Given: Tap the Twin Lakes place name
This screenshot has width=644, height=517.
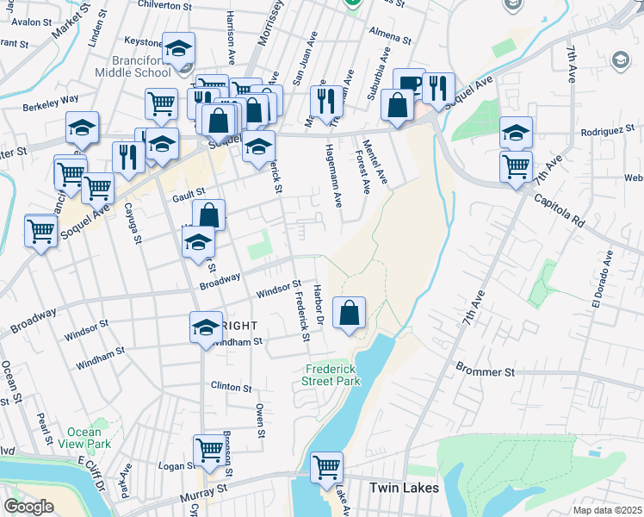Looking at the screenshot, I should [404, 488].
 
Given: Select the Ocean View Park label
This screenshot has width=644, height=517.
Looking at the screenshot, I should [90, 438].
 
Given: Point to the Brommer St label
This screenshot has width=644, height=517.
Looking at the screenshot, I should [485, 372].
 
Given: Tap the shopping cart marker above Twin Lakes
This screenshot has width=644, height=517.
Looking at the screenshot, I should [326, 468].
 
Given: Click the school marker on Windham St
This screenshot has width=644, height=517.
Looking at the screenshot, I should [206, 327].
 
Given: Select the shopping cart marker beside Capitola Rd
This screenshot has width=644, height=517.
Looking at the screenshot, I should [516, 167].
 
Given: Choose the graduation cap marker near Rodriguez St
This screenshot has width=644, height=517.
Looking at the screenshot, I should [516, 132].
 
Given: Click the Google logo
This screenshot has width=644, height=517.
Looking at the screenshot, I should [29, 506].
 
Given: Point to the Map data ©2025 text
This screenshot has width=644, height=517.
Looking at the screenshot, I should [607, 510].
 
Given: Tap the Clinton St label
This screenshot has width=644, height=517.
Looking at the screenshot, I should [231, 388].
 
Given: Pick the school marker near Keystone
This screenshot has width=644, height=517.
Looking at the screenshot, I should [179, 48].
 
